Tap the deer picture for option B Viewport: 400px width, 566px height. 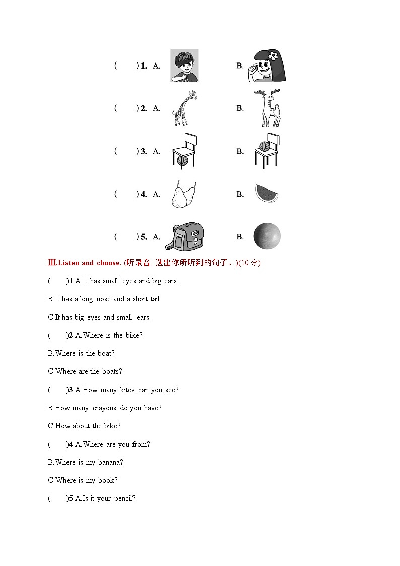click(268, 108)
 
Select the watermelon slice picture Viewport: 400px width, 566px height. click(266, 194)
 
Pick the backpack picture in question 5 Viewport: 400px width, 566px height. click(184, 236)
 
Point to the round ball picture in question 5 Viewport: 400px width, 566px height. click(266, 236)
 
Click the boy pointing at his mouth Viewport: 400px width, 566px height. click(184, 66)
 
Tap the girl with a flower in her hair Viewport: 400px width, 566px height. click(267, 66)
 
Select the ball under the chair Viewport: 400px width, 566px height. click(182, 160)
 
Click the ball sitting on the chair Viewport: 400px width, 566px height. click(264, 146)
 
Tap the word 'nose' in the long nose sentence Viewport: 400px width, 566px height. click(103, 299)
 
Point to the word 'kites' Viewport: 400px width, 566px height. click(127, 390)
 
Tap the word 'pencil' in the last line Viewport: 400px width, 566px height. click(123, 498)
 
